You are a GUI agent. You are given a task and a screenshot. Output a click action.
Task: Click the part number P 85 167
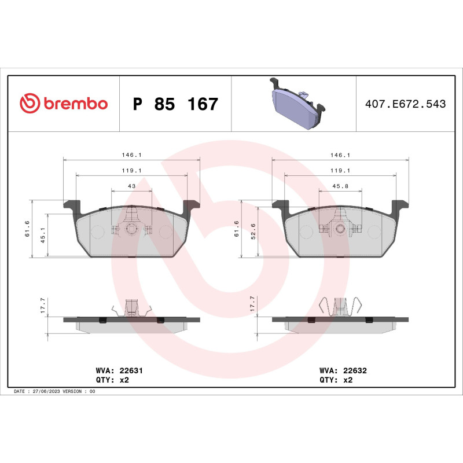(175, 105)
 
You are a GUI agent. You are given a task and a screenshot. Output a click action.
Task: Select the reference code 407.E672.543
(406, 104)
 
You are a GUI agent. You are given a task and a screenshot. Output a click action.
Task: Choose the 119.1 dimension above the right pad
(340, 171)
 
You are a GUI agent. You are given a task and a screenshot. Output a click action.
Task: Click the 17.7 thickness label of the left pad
(42, 304)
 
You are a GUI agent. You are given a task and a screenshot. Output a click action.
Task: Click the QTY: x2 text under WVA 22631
(111, 380)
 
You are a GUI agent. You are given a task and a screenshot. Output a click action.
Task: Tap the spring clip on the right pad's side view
(341, 307)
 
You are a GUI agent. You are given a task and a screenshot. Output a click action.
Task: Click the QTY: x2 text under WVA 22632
(336, 380)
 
